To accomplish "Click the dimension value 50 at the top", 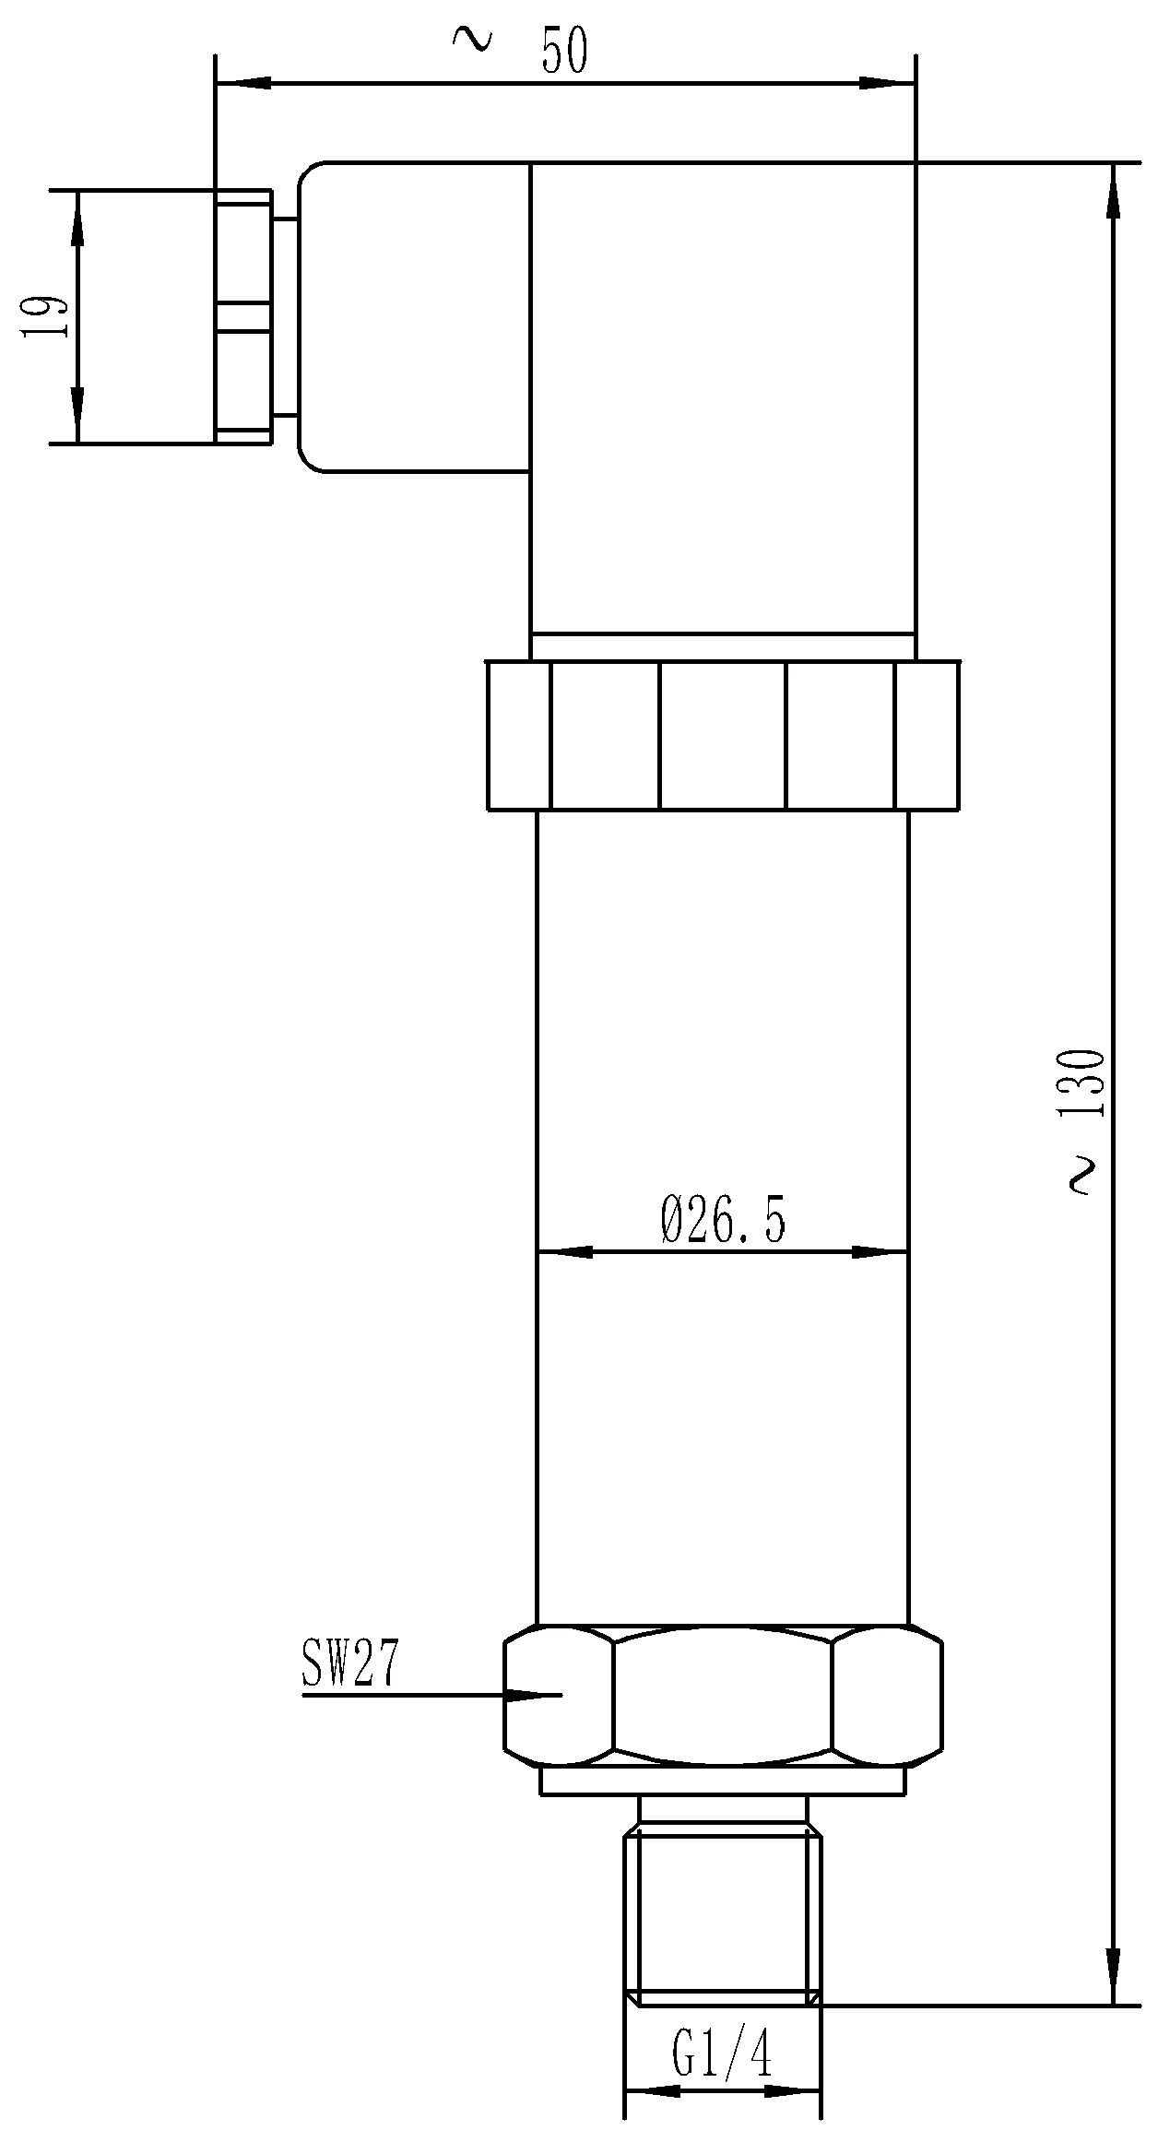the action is tap(564, 51).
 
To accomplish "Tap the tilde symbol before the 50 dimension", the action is tap(473, 38).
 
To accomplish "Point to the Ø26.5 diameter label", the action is tap(724, 1221).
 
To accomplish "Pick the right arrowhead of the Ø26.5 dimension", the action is tap(880, 1252).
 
